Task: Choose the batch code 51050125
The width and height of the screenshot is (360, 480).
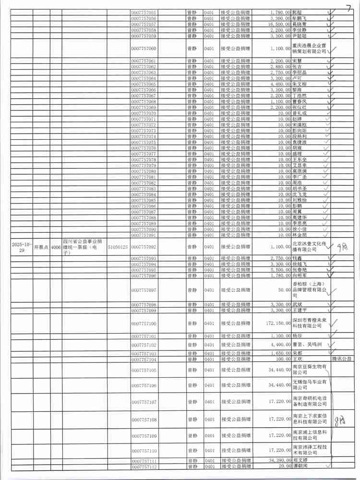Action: pos(118,247)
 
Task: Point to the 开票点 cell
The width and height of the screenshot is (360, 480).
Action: pos(41,247)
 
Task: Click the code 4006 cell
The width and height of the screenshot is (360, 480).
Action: pos(56,247)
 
